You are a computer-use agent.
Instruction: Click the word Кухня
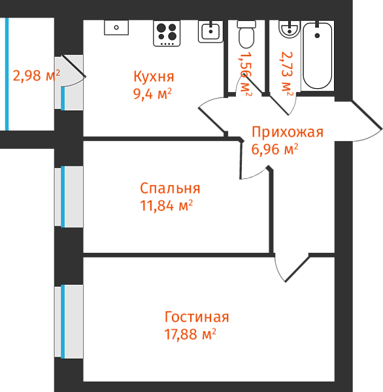click(x=154, y=76)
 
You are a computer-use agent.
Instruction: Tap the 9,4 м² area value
click(x=152, y=94)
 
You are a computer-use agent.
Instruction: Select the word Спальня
click(x=170, y=188)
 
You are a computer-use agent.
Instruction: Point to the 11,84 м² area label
click(x=167, y=206)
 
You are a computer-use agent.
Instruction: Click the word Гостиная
click(x=197, y=317)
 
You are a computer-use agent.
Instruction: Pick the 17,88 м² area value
click(x=190, y=334)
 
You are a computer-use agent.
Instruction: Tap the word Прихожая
click(x=288, y=132)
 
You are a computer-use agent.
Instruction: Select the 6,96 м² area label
click(x=275, y=149)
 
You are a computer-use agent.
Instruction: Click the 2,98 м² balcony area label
click(x=37, y=75)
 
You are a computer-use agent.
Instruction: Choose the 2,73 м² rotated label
click(x=287, y=74)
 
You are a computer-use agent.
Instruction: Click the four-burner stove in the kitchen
click(x=167, y=33)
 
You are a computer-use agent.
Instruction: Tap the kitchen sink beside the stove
click(x=210, y=31)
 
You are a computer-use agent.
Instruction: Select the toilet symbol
click(x=246, y=35)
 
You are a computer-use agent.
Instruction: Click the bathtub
click(x=318, y=56)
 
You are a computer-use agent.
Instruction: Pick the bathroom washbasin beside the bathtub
click(x=290, y=29)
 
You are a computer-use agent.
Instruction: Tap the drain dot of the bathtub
click(x=318, y=35)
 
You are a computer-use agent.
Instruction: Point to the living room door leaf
click(x=297, y=269)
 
